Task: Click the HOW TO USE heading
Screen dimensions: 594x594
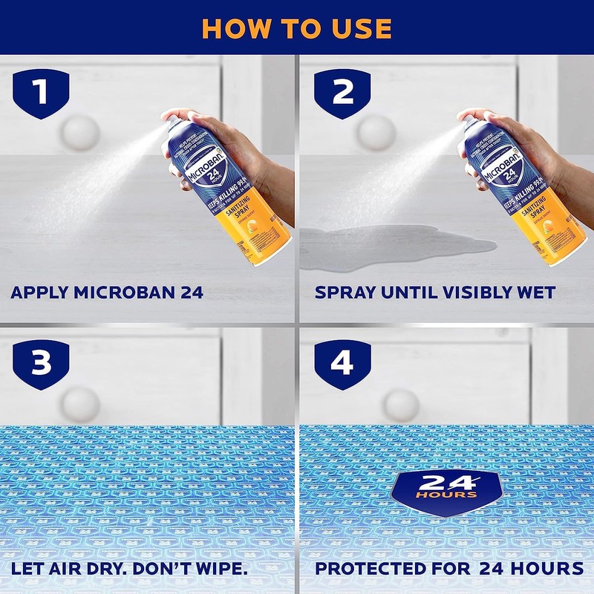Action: (296, 27)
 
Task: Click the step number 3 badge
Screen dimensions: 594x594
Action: (41, 364)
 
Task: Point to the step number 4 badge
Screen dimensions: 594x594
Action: (342, 364)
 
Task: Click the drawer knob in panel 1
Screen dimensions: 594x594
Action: (80, 132)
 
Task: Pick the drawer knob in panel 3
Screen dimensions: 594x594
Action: (80, 403)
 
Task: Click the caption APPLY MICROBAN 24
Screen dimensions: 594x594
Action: (107, 292)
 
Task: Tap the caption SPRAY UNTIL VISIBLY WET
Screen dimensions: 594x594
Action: (434, 292)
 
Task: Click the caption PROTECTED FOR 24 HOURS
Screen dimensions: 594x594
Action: (449, 569)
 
